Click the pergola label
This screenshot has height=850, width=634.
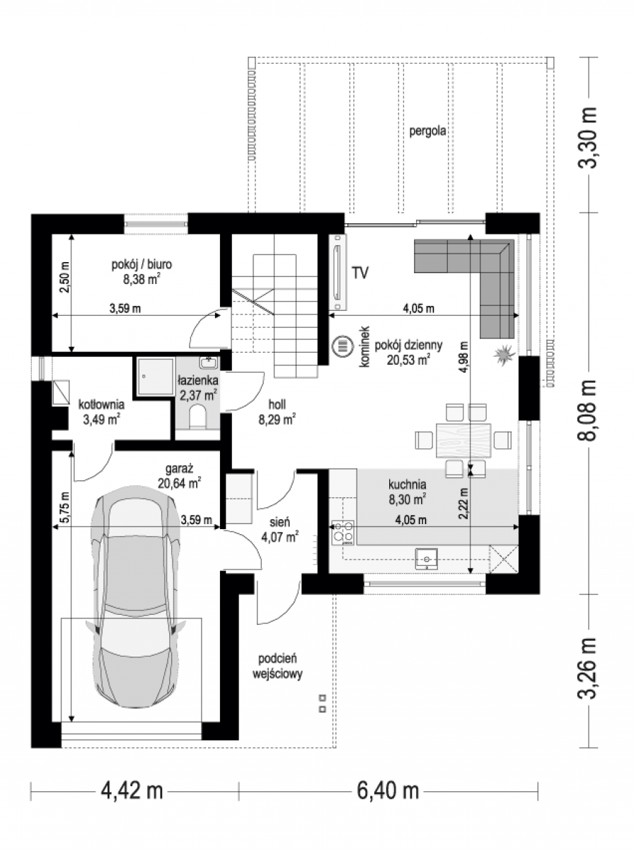427,132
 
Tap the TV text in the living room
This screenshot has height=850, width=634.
359,273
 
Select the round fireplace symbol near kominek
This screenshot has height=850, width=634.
343,346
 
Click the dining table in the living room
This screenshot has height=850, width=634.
463,441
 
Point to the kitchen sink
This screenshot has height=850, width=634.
427,559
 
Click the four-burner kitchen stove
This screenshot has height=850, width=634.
343,533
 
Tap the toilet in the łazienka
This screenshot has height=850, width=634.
197,416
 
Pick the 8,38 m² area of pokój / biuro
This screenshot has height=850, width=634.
142,279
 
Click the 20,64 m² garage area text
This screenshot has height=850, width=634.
179,483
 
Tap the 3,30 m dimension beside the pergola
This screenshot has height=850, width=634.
587,137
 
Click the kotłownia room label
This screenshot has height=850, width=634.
101,404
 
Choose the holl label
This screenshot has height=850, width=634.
277,404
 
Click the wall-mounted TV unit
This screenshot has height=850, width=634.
338,272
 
